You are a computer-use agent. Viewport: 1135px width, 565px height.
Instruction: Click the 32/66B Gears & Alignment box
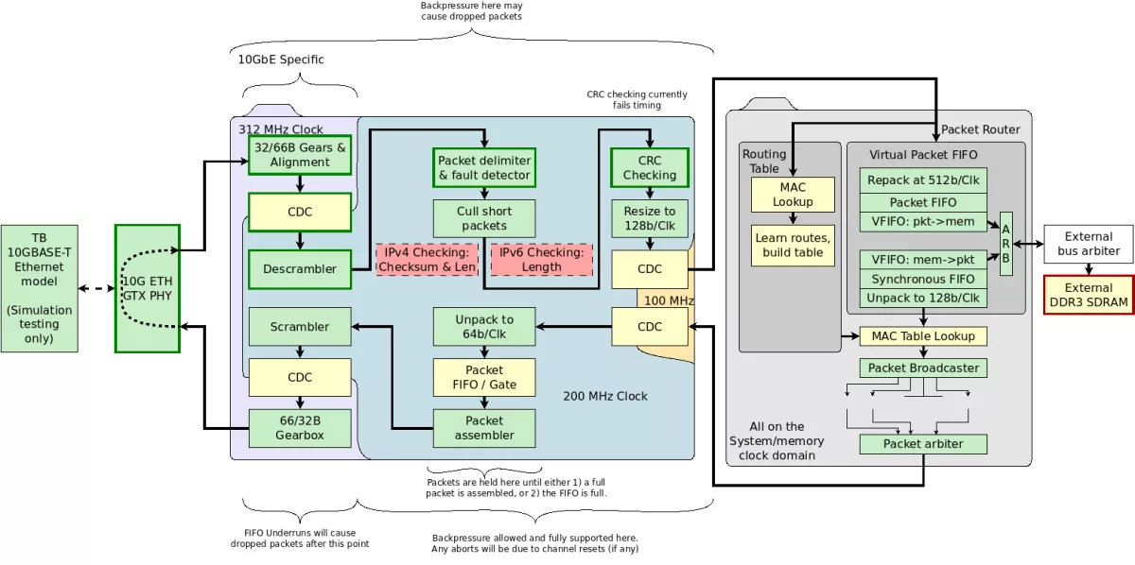300,155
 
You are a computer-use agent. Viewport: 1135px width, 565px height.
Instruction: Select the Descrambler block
300,268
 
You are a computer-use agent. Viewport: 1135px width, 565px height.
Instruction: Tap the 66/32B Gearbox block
300,428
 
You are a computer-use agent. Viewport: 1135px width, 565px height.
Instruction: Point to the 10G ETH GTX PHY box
147,288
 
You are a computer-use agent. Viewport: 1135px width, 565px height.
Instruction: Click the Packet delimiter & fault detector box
484,168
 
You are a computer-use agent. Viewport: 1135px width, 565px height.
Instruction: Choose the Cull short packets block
484,218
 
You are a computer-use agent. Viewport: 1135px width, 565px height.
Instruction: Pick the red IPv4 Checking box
424,260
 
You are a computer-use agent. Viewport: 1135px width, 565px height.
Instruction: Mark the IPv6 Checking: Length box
542,260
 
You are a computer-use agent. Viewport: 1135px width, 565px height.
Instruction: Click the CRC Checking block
649,168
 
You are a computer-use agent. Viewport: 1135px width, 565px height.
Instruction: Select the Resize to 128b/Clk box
649,218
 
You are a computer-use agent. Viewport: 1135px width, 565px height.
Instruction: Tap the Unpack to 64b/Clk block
484,327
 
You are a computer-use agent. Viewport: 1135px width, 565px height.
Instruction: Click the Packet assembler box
484,428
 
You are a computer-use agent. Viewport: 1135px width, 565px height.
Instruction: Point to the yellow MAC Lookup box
793,195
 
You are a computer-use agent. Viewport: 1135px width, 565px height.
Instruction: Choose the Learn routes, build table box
793,245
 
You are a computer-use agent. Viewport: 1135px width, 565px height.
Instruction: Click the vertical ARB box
1005,244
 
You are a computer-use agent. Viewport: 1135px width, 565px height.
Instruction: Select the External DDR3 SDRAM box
1088,294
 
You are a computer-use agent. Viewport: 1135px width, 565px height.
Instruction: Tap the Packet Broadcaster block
922,368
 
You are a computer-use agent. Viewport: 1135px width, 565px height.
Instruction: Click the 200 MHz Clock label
605,396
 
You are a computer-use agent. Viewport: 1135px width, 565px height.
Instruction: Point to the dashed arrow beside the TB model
96,288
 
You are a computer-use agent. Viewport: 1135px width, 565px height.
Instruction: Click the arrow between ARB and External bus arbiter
1028,244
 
